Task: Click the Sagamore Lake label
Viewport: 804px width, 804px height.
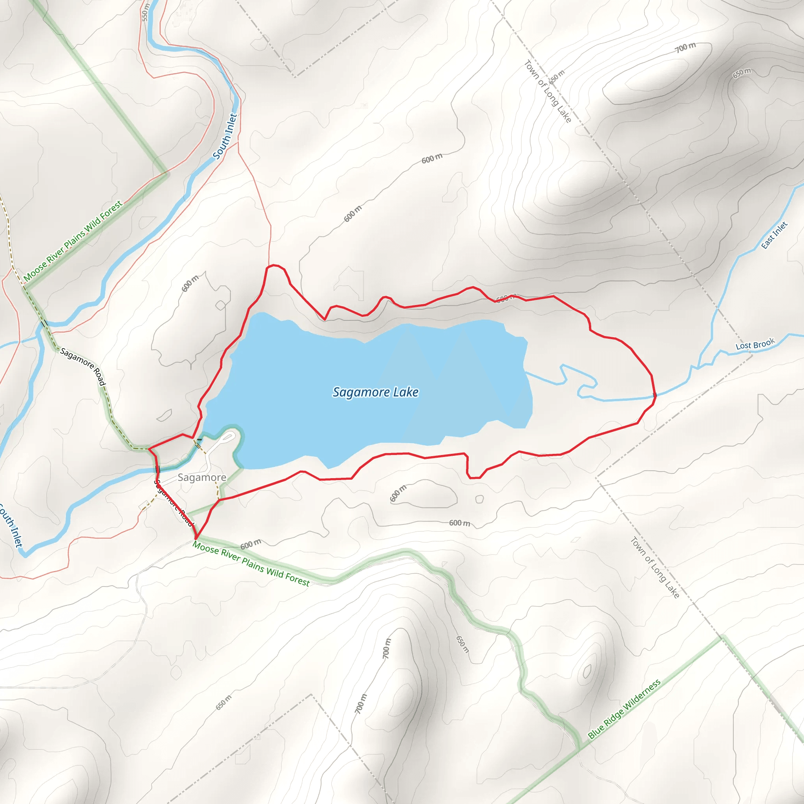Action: (x=375, y=392)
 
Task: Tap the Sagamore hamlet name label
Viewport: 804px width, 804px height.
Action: (x=202, y=477)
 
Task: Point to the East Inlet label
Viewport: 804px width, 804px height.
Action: (x=774, y=235)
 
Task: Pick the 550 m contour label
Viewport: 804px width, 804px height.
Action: (x=144, y=12)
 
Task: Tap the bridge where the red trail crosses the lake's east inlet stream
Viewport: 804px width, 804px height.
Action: (x=654, y=395)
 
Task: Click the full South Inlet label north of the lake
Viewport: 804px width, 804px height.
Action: (x=225, y=136)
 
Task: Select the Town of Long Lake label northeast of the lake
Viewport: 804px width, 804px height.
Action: (x=547, y=91)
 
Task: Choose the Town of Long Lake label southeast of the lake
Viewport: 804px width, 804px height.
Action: (x=654, y=567)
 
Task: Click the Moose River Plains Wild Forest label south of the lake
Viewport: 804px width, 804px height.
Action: (x=251, y=564)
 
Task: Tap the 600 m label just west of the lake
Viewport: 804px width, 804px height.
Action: (x=190, y=283)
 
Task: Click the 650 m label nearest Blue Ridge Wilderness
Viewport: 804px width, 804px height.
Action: (x=462, y=644)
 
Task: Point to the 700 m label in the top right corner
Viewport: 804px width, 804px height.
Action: (x=685, y=48)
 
